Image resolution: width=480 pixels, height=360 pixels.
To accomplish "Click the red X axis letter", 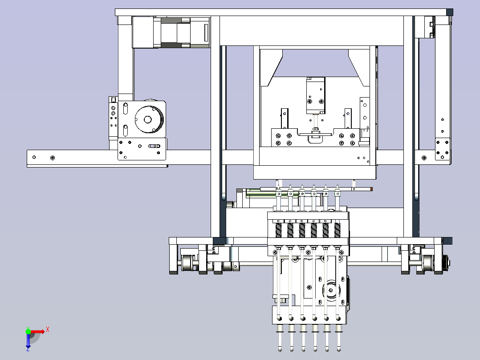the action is point(48,330).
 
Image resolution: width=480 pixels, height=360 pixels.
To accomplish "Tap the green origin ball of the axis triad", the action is point(28,331).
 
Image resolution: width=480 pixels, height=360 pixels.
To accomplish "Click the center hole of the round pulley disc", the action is point(147,119).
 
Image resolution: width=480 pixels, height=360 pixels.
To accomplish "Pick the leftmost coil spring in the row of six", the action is point(279,230).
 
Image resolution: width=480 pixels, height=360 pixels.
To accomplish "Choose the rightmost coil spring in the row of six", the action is point(337,230).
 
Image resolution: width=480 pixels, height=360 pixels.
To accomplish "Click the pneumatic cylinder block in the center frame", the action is point(316,96).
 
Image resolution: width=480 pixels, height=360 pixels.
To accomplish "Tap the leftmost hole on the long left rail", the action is point(34,157).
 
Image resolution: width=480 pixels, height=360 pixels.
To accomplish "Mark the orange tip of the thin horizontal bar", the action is point(371,189).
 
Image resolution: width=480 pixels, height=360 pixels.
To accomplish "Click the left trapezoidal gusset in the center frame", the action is point(271,67).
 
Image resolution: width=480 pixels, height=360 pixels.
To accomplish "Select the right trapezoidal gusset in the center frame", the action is point(359,67).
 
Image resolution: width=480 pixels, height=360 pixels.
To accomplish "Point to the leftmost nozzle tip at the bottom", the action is point(280,349).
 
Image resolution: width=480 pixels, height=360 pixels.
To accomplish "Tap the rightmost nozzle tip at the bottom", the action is point(338,349).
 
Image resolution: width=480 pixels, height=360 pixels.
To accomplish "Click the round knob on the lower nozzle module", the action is point(330,290).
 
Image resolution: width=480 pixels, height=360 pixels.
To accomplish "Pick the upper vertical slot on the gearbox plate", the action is point(125,108).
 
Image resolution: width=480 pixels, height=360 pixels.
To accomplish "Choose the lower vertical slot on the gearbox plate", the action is point(125,130).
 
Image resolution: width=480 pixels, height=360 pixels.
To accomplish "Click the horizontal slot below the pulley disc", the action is point(154,146).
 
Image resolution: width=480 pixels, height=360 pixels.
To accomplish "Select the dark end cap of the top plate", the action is point(450,12).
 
